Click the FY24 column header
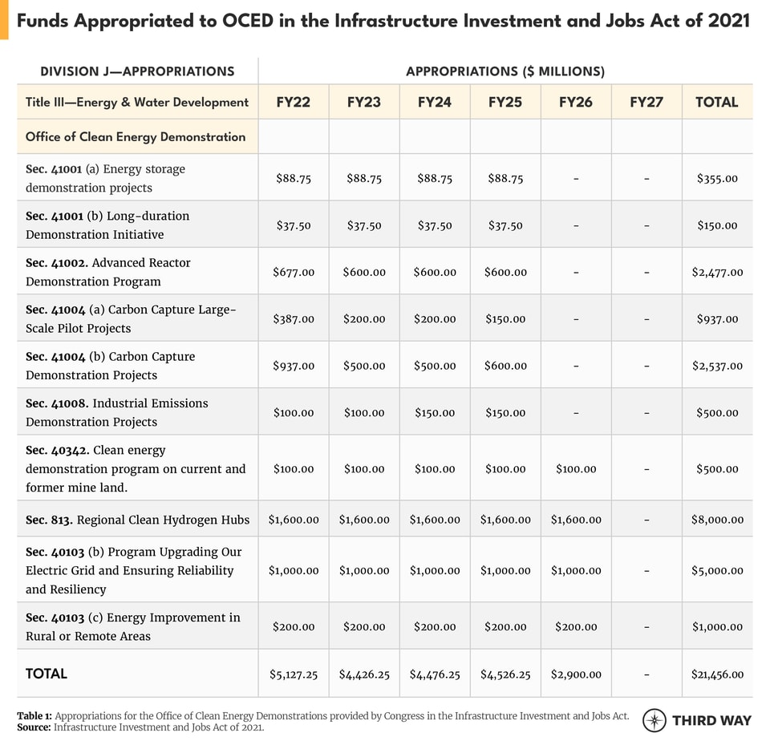coord(435,102)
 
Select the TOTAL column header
coord(717,102)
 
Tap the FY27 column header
coord(646,102)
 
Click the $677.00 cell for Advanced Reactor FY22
coord(294,272)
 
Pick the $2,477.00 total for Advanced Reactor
coord(717,272)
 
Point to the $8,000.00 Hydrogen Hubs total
coord(717,520)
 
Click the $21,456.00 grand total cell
coord(717,674)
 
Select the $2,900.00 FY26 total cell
coord(576,674)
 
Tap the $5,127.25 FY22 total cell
coord(294,674)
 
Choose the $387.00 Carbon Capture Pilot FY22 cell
coord(294,319)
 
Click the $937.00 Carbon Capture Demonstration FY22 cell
coord(294,366)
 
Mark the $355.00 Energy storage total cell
coord(717,178)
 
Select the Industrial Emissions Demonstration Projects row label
coord(117,412)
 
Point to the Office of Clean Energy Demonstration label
coord(136,136)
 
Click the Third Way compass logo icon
coord(654,720)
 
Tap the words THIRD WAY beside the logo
coord(711,720)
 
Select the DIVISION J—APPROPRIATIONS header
coord(137,71)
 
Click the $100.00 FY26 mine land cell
coord(576,469)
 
